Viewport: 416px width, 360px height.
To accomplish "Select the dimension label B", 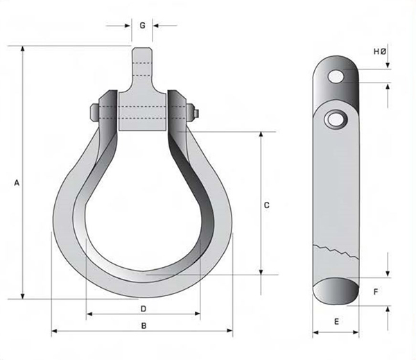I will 144,325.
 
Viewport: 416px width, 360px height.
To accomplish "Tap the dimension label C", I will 266,205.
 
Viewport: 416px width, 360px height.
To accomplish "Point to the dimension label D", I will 144,307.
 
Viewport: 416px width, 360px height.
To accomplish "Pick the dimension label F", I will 375,291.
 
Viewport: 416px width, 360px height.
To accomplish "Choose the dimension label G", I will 142,26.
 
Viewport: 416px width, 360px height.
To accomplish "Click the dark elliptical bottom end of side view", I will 336,290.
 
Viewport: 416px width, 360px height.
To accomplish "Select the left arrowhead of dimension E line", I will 315,330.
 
